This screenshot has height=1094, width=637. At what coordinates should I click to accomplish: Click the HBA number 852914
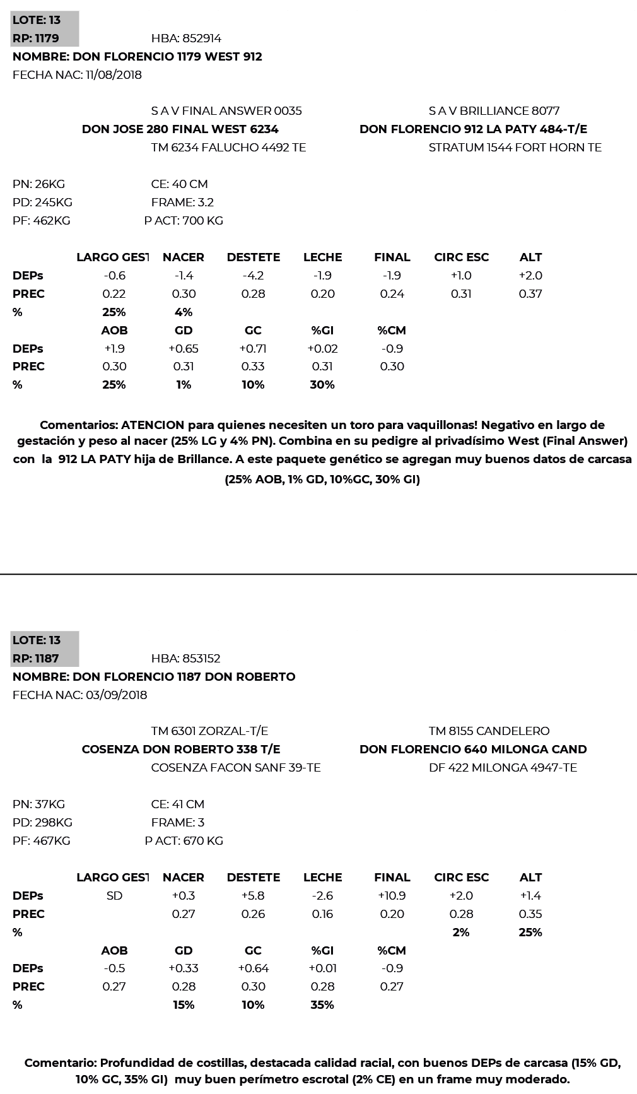pyautogui.click(x=201, y=38)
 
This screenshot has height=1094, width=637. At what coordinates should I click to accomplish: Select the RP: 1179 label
pyautogui.click(x=36, y=38)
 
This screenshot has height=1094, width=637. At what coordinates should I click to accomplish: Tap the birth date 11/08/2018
pyautogui.click(x=114, y=75)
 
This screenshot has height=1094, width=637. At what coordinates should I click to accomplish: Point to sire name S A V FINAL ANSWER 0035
pyautogui.click(x=226, y=111)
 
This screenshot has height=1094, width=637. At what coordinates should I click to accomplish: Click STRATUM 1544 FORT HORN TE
pyautogui.click(x=515, y=148)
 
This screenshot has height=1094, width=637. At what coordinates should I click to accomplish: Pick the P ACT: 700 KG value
pyautogui.click(x=184, y=221)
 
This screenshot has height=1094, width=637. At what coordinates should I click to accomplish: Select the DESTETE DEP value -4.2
pyautogui.click(x=253, y=276)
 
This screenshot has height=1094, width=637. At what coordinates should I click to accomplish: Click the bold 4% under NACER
pyautogui.click(x=184, y=312)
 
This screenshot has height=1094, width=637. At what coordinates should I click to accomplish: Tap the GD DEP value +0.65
pyautogui.click(x=184, y=349)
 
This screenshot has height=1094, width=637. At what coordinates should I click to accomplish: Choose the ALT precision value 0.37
pyautogui.click(x=530, y=294)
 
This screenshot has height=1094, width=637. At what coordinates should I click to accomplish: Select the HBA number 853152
pyautogui.click(x=201, y=659)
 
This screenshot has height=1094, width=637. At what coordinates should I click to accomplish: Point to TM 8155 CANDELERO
pyautogui.click(x=489, y=731)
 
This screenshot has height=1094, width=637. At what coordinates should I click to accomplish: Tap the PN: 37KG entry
pyautogui.click(x=38, y=804)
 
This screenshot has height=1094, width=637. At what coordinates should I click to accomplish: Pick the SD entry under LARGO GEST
pyautogui.click(x=114, y=896)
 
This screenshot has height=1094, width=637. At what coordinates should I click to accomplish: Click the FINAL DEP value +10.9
pyautogui.click(x=392, y=896)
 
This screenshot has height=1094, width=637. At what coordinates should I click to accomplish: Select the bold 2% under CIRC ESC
pyautogui.click(x=461, y=932)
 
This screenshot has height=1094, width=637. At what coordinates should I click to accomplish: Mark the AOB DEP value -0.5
pyautogui.click(x=114, y=968)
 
